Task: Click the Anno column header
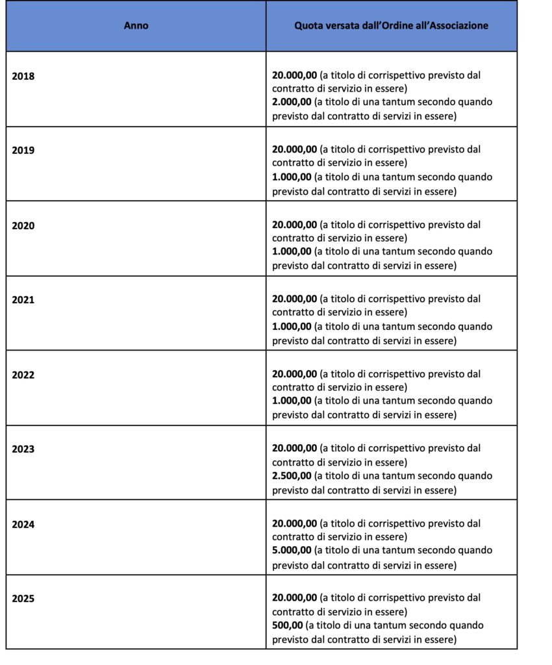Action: point(136,26)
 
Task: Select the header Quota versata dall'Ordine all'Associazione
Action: point(392,26)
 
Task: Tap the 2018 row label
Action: point(23,75)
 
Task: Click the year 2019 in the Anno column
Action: point(23,150)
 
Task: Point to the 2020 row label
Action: point(23,225)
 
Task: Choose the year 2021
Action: point(23,300)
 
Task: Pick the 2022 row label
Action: point(23,375)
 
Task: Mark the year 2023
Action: point(23,449)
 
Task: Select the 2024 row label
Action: point(23,524)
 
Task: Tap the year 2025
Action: point(23,599)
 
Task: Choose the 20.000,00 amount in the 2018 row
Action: point(295,75)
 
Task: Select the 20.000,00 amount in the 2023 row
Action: point(295,449)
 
